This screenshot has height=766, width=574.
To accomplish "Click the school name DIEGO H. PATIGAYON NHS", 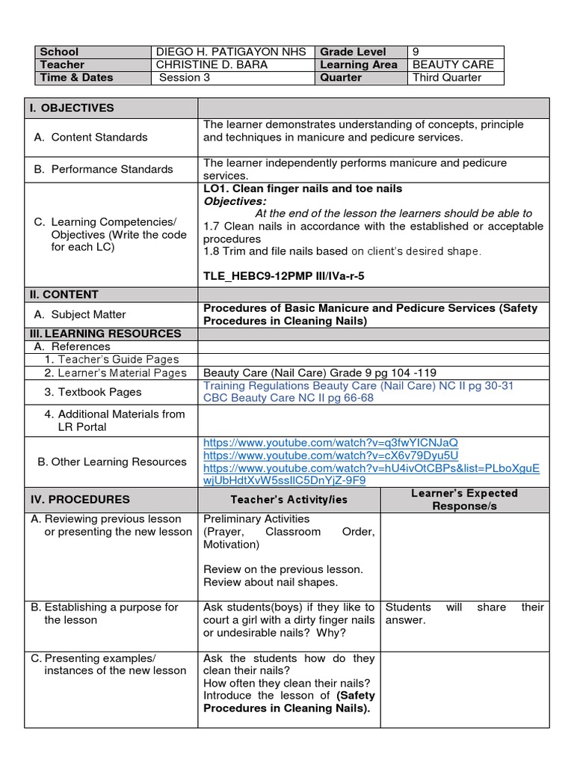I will tap(221, 52).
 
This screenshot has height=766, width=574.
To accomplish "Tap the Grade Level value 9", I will tap(416, 52).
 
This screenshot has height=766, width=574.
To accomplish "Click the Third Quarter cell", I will tap(447, 77).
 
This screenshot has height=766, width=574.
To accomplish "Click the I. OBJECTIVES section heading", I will tap(72, 108).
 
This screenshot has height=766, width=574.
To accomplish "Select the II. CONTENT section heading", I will tap(64, 294).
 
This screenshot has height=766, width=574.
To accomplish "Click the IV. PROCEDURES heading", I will tap(79, 499).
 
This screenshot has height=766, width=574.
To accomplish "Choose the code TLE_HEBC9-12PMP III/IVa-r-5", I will tap(284, 276).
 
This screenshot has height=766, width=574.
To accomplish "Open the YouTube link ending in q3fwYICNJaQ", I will tap(330, 442).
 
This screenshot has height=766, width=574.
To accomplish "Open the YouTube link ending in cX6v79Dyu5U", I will tap(330, 455).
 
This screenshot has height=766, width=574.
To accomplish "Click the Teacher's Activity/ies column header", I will tap(288, 499).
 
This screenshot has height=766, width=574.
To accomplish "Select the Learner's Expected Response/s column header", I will tap(464, 499).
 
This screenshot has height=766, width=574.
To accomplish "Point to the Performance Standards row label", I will tap(104, 169).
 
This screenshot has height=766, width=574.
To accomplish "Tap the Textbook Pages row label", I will tap(92, 392).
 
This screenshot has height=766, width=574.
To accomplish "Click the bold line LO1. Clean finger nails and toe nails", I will tap(303, 189).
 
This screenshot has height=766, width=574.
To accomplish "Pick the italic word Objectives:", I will tap(234, 201).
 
